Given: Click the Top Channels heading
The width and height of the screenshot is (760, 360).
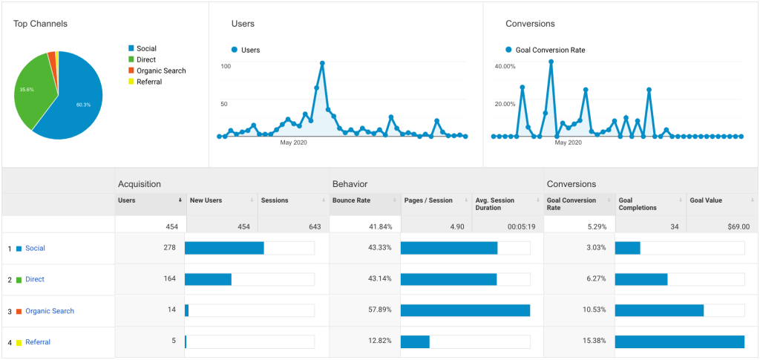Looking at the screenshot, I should coord(40,24).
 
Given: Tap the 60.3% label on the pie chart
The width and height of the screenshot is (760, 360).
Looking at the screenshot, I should coord(83,105).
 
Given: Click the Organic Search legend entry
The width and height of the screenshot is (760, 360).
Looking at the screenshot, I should coord(161,71).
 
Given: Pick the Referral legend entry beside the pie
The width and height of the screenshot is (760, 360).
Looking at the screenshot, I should coord(149,82).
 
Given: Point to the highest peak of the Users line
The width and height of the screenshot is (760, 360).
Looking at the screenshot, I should coord(322,63).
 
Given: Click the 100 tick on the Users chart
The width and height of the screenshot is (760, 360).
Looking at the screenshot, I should coord(226,66).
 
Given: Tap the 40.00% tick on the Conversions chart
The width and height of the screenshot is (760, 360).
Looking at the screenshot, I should coord(505,66).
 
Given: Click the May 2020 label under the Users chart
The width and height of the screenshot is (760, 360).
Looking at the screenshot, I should coord(293,142).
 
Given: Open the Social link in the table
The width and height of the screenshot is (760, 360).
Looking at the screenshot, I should coord(35,248).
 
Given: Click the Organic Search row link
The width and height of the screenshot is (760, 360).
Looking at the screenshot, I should coord(50,311).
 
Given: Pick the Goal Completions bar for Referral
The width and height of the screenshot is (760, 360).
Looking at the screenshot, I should coord(679,341).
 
